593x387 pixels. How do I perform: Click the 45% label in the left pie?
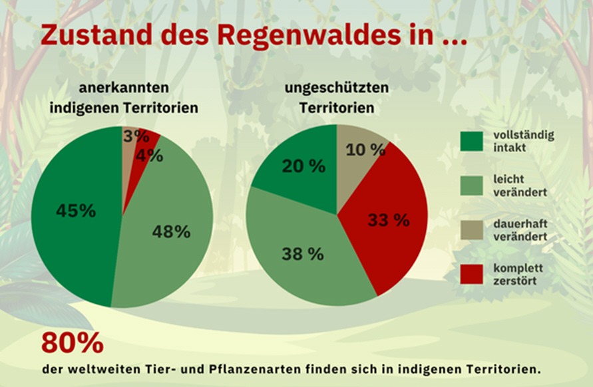pyautogui.click(x=75, y=211)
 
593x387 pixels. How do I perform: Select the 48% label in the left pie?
pyautogui.click(x=171, y=231)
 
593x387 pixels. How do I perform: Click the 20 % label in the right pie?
pyautogui.click(x=303, y=166)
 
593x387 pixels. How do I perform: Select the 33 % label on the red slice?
pyautogui.click(x=389, y=221)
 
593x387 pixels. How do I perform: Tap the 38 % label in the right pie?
pyautogui.click(x=302, y=253)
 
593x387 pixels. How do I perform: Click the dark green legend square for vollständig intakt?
pyautogui.click(x=472, y=141)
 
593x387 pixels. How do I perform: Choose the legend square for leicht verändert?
pyautogui.click(x=472, y=186)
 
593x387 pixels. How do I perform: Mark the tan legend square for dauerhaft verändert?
pyautogui.click(x=472, y=229)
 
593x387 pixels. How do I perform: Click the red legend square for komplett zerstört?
pyautogui.click(x=472, y=274)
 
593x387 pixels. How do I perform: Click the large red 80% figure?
pyautogui.click(x=72, y=342)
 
